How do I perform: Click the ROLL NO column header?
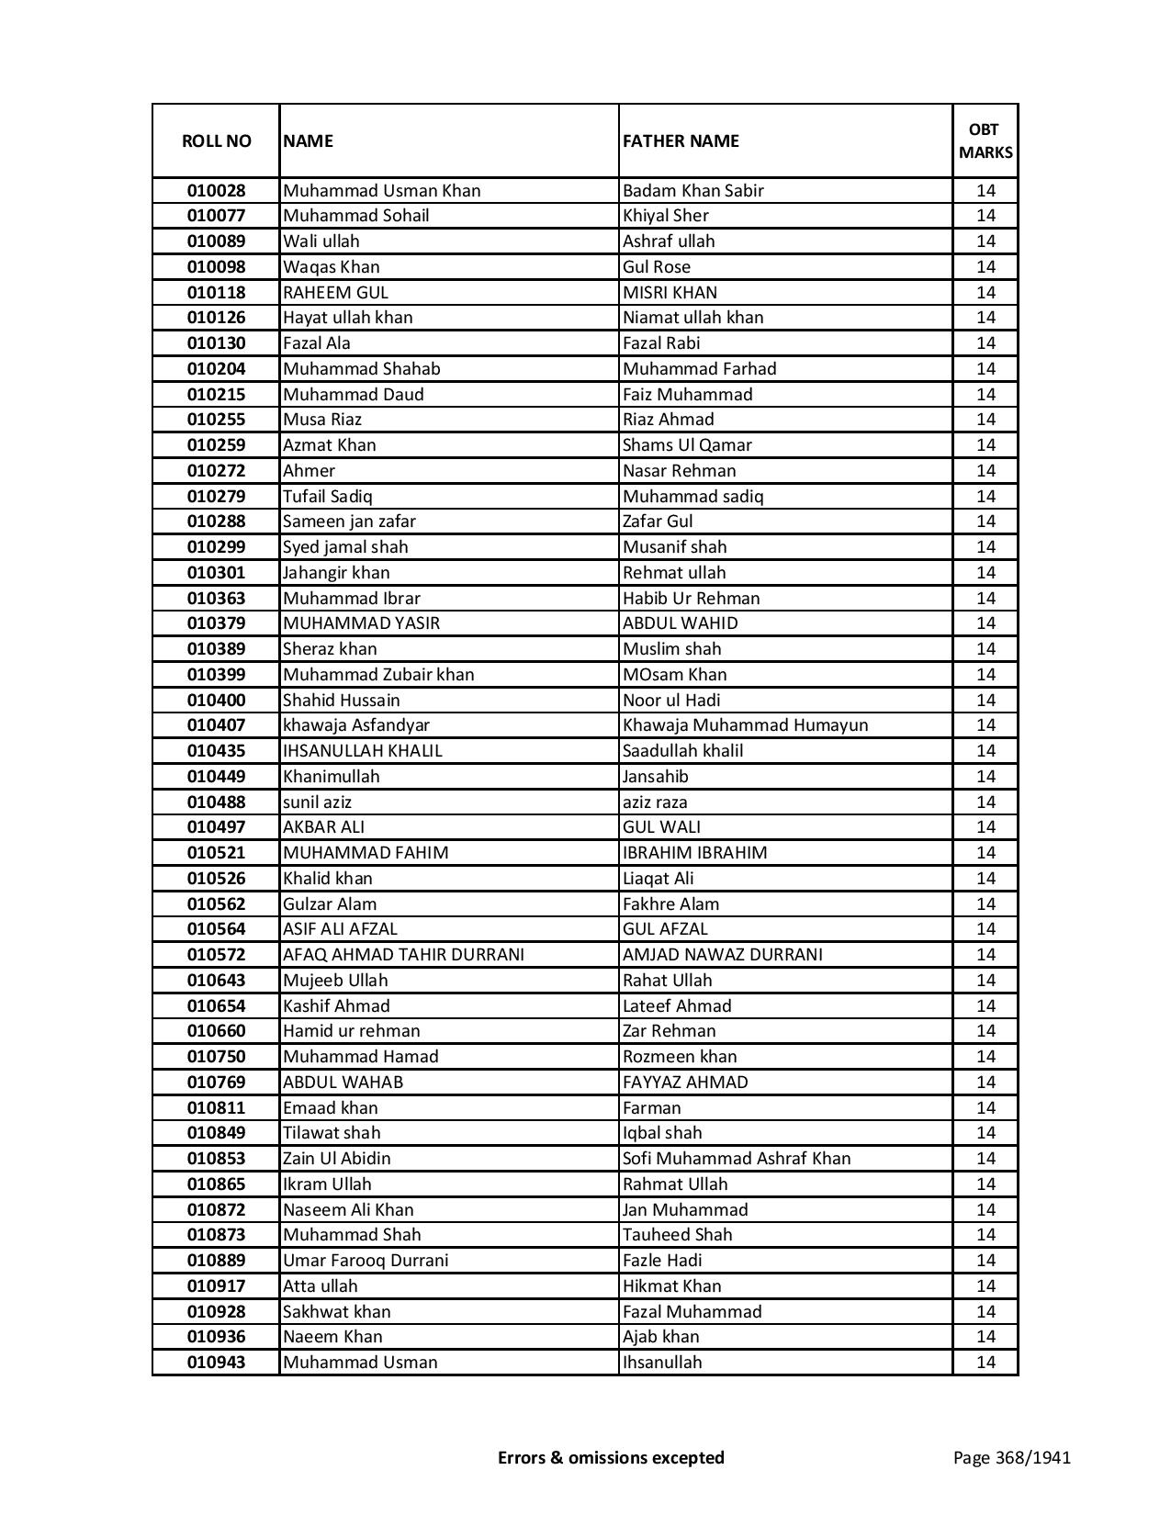pyautogui.click(x=216, y=141)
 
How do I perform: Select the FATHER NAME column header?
pyautogui.click(x=681, y=141)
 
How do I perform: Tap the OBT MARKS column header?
pyautogui.click(x=985, y=141)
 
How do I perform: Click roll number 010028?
pyautogui.click(x=217, y=191)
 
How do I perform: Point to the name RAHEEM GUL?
pyautogui.click(x=335, y=293)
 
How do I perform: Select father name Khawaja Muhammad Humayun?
pyautogui.click(x=745, y=725)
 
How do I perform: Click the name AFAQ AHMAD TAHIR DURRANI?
pyautogui.click(x=403, y=955)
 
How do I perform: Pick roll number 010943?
pyautogui.click(x=217, y=1363)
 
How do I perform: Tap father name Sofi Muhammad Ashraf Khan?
pyautogui.click(x=737, y=1159)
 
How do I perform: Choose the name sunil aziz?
pyautogui.click(x=317, y=802)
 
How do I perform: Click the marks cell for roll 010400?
pyautogui.click(x=985, y=701)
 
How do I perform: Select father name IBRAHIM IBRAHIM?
pyautogui.click(x=694, y=853)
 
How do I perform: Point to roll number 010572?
pyautogui.click(x=217, y=955)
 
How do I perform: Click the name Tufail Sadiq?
pyautogui.click(x=328, y=497)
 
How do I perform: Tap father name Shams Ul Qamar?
pyautogui.click(x=687, y=445)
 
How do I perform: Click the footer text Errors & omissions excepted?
pyautogui.click(x=611, y=1457)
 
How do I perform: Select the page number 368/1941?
pyautogui.click(x=1012, y=1457)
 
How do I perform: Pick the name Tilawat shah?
pyautogui.click(x=332, y=1133)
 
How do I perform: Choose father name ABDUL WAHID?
pyautogui.click(x=680, y=623)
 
